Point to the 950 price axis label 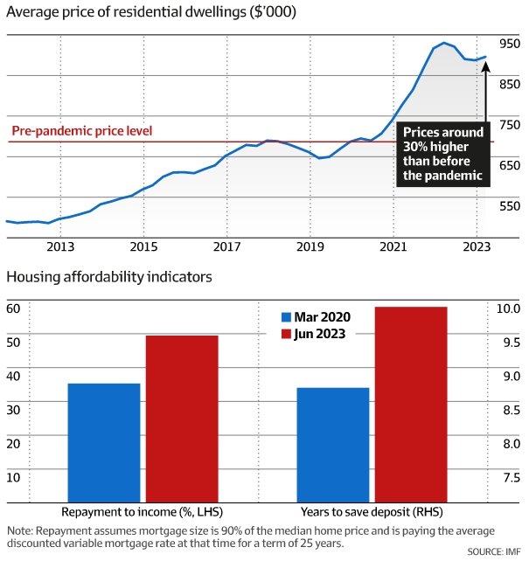click(510, 43)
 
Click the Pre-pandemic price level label click(82, 131)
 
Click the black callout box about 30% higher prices click(442, 153)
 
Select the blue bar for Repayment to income click(104, 442)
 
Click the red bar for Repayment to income click(182, 419)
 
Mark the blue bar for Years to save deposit click(333, 445)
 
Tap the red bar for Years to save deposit click(411, 404)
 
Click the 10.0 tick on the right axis click(510, 308)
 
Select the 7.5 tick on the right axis click(510, 477)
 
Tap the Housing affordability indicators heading click(109, 277)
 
